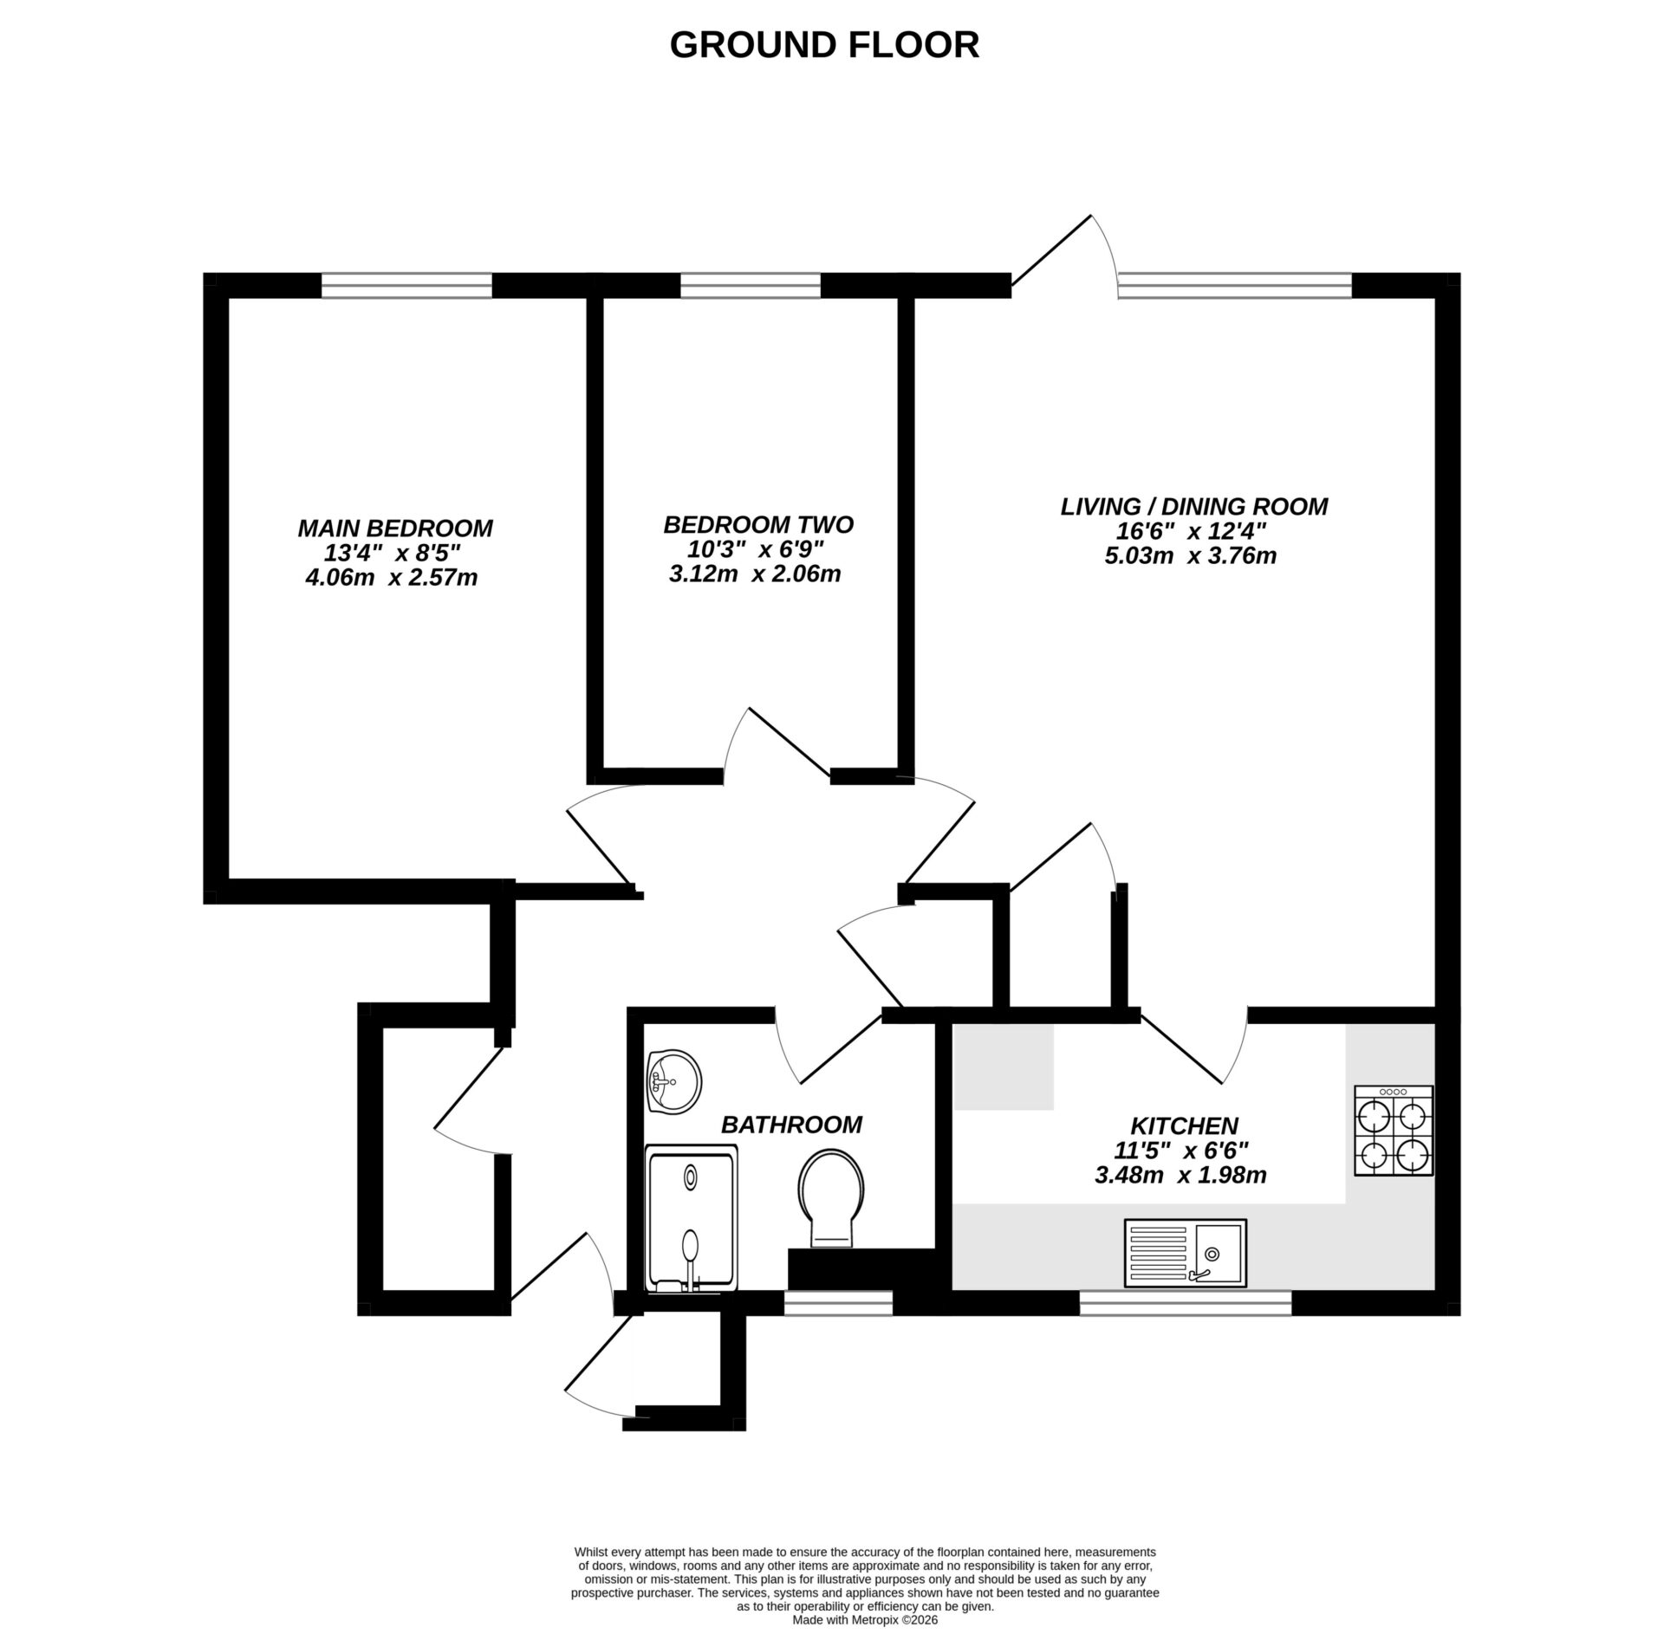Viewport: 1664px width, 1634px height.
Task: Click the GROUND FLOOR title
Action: pyautogui.click(x=823, y=45)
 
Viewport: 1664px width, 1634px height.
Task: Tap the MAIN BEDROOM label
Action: pyautogui.click(x=395, y=528)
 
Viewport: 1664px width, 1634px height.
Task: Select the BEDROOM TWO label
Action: pyautogui.click(x=757, y=524)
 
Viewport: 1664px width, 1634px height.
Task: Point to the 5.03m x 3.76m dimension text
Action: pyautogui.click(x=1190, y=555)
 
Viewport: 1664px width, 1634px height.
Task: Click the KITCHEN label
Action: pyautogui.click(x=1183, y=1125)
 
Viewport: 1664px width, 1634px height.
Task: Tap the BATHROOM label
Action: pyautogui.click(x=791, y=1124)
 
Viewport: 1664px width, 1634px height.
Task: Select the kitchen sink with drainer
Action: pyautogui.click(x=1185, y=1252)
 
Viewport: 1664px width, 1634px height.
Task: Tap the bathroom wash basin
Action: pyautogui.click(x=673, y=1080)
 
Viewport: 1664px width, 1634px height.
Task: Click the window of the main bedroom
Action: pyautogui.click(x=406, y=285)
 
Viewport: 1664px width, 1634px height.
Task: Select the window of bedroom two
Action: pyautogui.click(x=750, y=285)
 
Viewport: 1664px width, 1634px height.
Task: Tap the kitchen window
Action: pyautogui.click(x=1185, y=1302)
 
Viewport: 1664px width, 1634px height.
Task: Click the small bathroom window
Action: pyautogui.click(x=838, y=1302)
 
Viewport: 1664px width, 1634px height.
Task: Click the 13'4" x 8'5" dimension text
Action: pyautogui.click(x=391, y=553)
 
